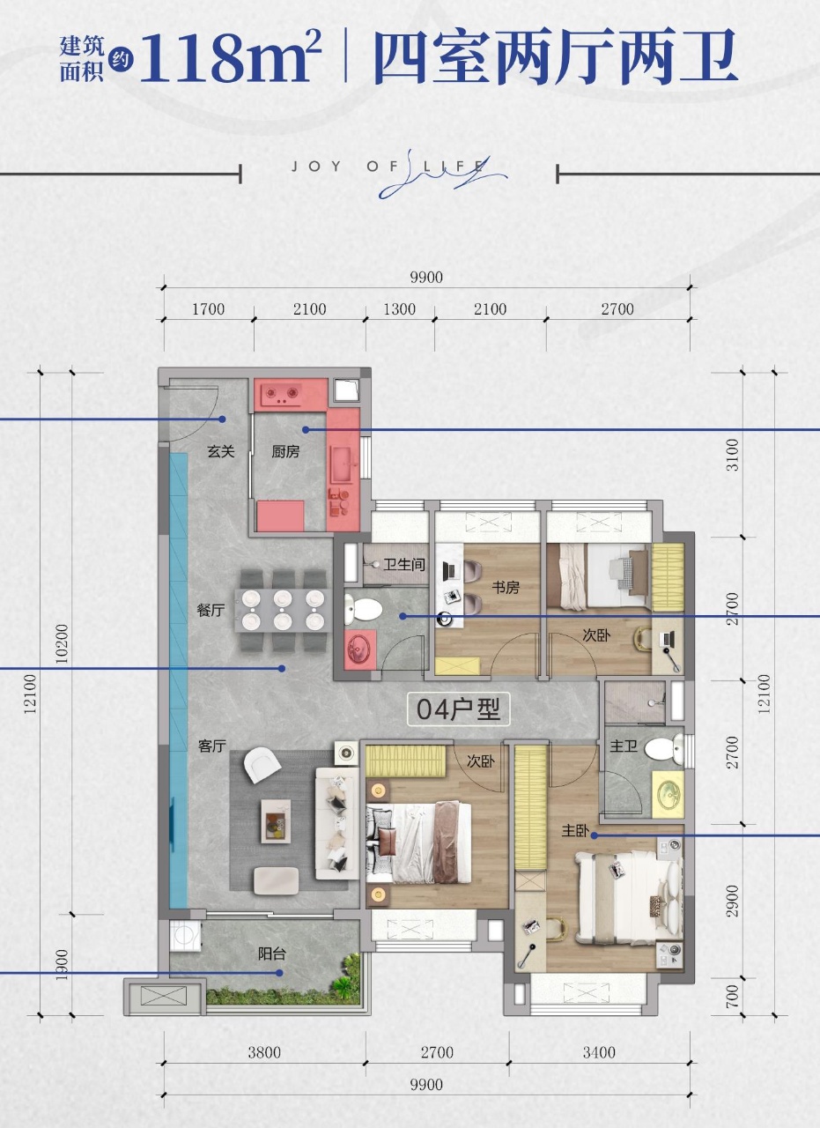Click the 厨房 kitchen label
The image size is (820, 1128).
285,452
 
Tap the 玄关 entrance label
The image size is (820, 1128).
221,451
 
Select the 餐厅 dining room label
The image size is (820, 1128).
211,611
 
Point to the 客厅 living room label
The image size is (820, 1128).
212,746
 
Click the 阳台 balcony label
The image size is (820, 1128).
272,954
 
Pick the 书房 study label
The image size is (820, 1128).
506,588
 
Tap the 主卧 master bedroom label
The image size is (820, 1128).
575,830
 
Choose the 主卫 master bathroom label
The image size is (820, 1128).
624,746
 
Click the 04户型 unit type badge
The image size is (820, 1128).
458,709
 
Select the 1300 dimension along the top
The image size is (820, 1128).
400,309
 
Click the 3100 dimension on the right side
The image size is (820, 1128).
733,456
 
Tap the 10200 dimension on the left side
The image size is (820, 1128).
61,644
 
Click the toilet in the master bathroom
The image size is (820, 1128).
664,749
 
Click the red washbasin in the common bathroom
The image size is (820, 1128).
360,649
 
